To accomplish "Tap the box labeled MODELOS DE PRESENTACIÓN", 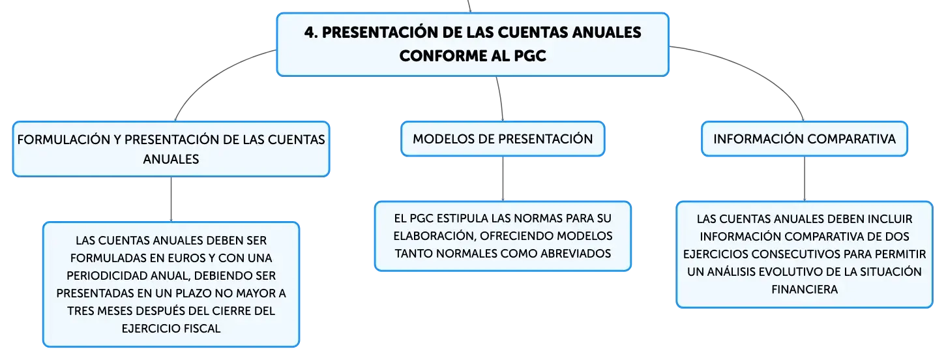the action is pyautogui.click(x=503, y=139).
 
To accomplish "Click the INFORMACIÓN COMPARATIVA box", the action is pyautogui.click(x=804, y=139).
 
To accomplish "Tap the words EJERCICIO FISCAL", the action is pyautogui.click(x=171, y=329).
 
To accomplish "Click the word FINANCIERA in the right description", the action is pyautogui.click(x=805, y=290).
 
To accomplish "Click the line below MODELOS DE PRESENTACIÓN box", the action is pyautogui.click(x=503, y=179).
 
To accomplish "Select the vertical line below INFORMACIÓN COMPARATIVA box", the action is pyautogui.click(x=804, y=179).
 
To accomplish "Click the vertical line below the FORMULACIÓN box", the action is pyautogui.click(x=171, y=199).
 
